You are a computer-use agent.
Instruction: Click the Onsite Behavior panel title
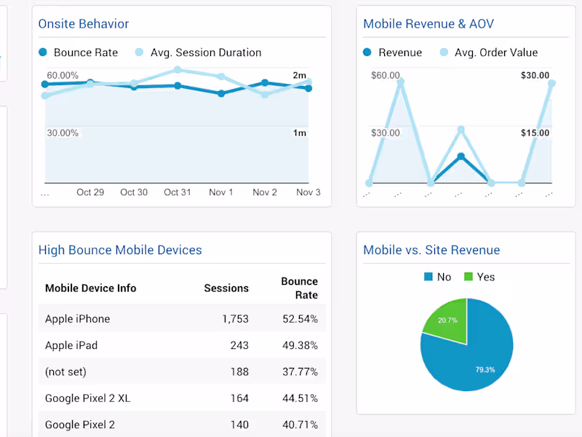click(x=84, y=24)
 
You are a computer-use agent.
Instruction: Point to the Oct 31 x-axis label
click(x=178, y=192)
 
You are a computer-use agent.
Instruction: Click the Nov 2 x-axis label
click(x=265, y=192)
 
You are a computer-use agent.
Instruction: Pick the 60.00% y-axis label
click(x=63, y=76)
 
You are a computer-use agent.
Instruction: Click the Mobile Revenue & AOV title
click(x=428, y=24)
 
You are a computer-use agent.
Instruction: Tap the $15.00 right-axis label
click(x=535, y=133)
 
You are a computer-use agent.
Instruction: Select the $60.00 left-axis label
click(x=386, y=76)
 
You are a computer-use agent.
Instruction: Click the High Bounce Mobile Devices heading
click(x=120, y=250)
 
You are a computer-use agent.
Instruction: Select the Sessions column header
click(x=226, y=288)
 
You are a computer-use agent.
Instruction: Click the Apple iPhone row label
click(x=78, y=319)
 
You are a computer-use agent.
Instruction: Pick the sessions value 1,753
click(x=235, y=319)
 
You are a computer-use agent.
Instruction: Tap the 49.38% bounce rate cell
click(x=300, y=345)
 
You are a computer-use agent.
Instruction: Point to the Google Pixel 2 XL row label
click(x=88, y=398)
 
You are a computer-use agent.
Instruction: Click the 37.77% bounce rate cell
click(x=300, y=371)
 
